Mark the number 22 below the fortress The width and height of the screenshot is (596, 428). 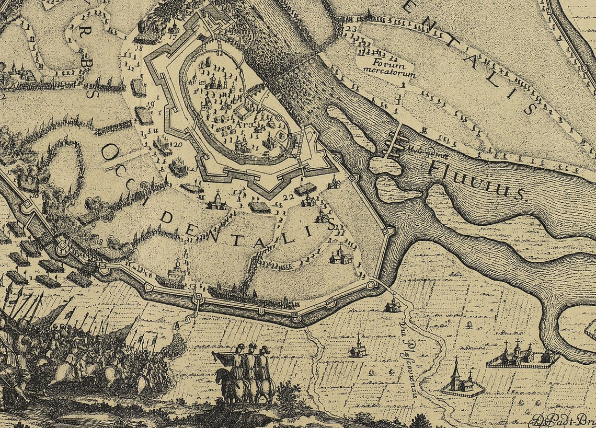click(288, 196)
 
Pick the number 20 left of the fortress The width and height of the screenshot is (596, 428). click(177, 145)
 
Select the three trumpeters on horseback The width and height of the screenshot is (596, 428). click(246, 372)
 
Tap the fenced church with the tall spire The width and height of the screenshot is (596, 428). click(460, 380)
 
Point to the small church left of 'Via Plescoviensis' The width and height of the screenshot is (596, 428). click(359, 348)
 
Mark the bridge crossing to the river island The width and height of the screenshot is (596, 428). click(394, 140)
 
